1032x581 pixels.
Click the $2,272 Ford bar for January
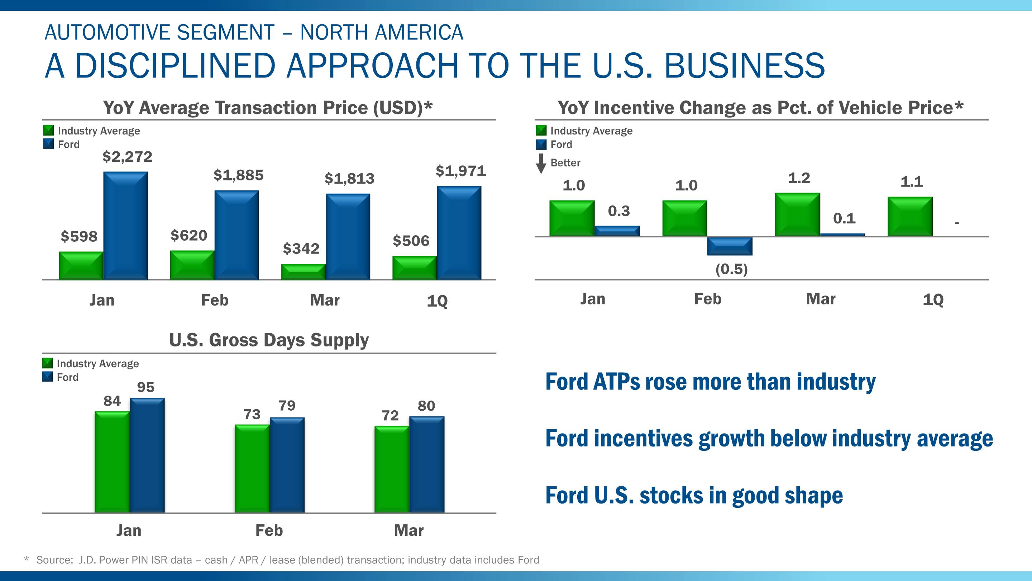pos(125,225)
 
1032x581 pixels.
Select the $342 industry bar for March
pos(303,271)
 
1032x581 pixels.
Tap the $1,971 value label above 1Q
pos(461,171)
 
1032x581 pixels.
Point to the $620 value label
pos(189,235)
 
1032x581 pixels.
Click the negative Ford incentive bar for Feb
pos(730,246)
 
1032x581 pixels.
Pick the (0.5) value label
pos(731,269)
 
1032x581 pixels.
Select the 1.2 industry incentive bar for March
pos(797,214)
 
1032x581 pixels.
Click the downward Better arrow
pos(541,163)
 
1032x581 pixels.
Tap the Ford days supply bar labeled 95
pos(147,455)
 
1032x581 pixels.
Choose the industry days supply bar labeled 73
pos(252,468)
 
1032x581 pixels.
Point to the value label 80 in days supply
pos(426,406)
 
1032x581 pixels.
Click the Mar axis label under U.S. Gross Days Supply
pos(408,530)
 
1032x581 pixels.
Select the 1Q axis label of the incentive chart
pos(933,300)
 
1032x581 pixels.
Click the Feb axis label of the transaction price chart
pos(215,300)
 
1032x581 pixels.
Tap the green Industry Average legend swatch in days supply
pos(48,363)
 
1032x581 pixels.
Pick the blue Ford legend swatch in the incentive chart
pos(541,144)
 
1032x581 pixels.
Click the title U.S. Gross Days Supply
pos(269,340)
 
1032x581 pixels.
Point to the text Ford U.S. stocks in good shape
pos(694,496)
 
